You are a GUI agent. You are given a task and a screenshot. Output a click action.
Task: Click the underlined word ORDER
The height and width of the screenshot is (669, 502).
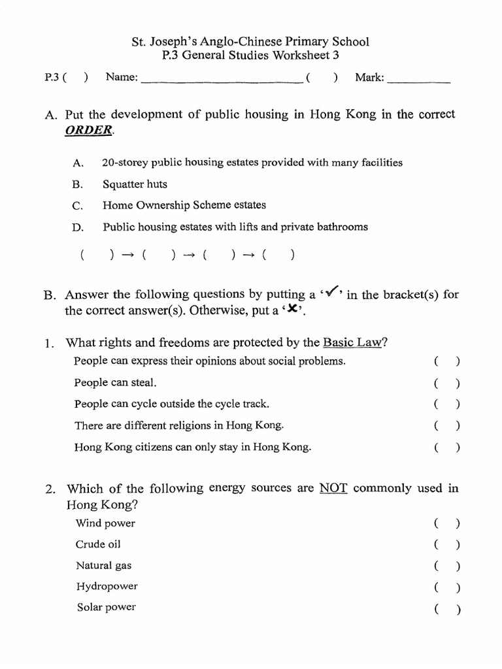(89, 130)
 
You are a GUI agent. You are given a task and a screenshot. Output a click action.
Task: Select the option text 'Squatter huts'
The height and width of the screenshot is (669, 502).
(135, 184)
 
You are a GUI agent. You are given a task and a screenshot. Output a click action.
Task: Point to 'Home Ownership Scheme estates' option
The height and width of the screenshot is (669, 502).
(184, 205)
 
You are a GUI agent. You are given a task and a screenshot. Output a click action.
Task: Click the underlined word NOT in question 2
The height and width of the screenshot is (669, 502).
(332, 489)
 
